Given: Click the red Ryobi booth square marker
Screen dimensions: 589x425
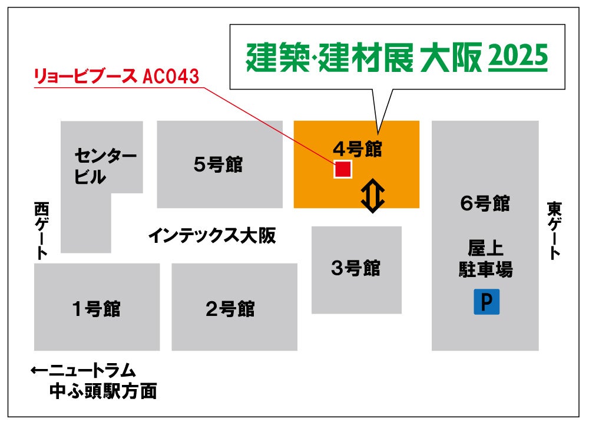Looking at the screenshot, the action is [x=343, y=169].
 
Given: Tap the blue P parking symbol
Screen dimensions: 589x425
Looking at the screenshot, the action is [x=487, y=302].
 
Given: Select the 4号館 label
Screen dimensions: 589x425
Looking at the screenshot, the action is [x=358, y=149].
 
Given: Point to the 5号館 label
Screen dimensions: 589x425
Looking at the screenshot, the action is [x=218, y=164].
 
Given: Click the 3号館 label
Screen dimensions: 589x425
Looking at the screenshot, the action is [x=356, y=269].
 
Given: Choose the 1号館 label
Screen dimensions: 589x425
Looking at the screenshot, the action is [x=96, y=308].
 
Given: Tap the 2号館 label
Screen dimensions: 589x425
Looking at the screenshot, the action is [x=230, y=308].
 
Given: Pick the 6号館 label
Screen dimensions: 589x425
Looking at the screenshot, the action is [x=485, y=204].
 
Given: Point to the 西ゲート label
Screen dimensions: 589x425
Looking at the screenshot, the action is [x=41, y=230].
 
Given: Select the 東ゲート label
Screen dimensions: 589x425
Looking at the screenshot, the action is [x=554, y=230].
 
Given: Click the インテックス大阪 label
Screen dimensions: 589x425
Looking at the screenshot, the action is [x=211, y=236].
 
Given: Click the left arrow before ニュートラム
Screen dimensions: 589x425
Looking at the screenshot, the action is [x=39, y=371].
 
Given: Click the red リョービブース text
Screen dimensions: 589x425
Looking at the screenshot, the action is [x=87, y=77].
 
